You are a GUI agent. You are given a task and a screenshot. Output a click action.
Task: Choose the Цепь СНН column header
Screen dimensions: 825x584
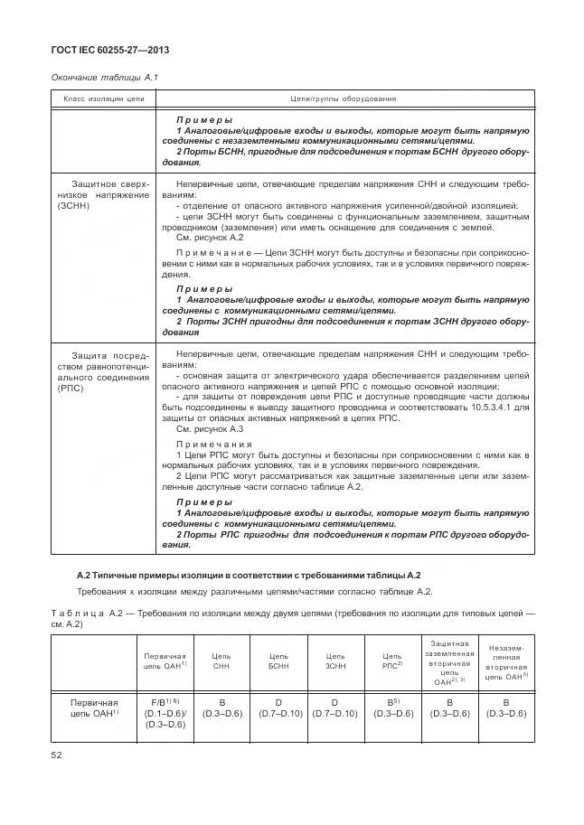tap(221, 661)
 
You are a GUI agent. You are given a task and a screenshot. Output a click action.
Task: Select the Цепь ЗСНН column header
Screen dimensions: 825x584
tap(335, 661)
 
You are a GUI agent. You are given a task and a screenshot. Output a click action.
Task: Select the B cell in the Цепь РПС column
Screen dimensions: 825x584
tap(392, 707)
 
